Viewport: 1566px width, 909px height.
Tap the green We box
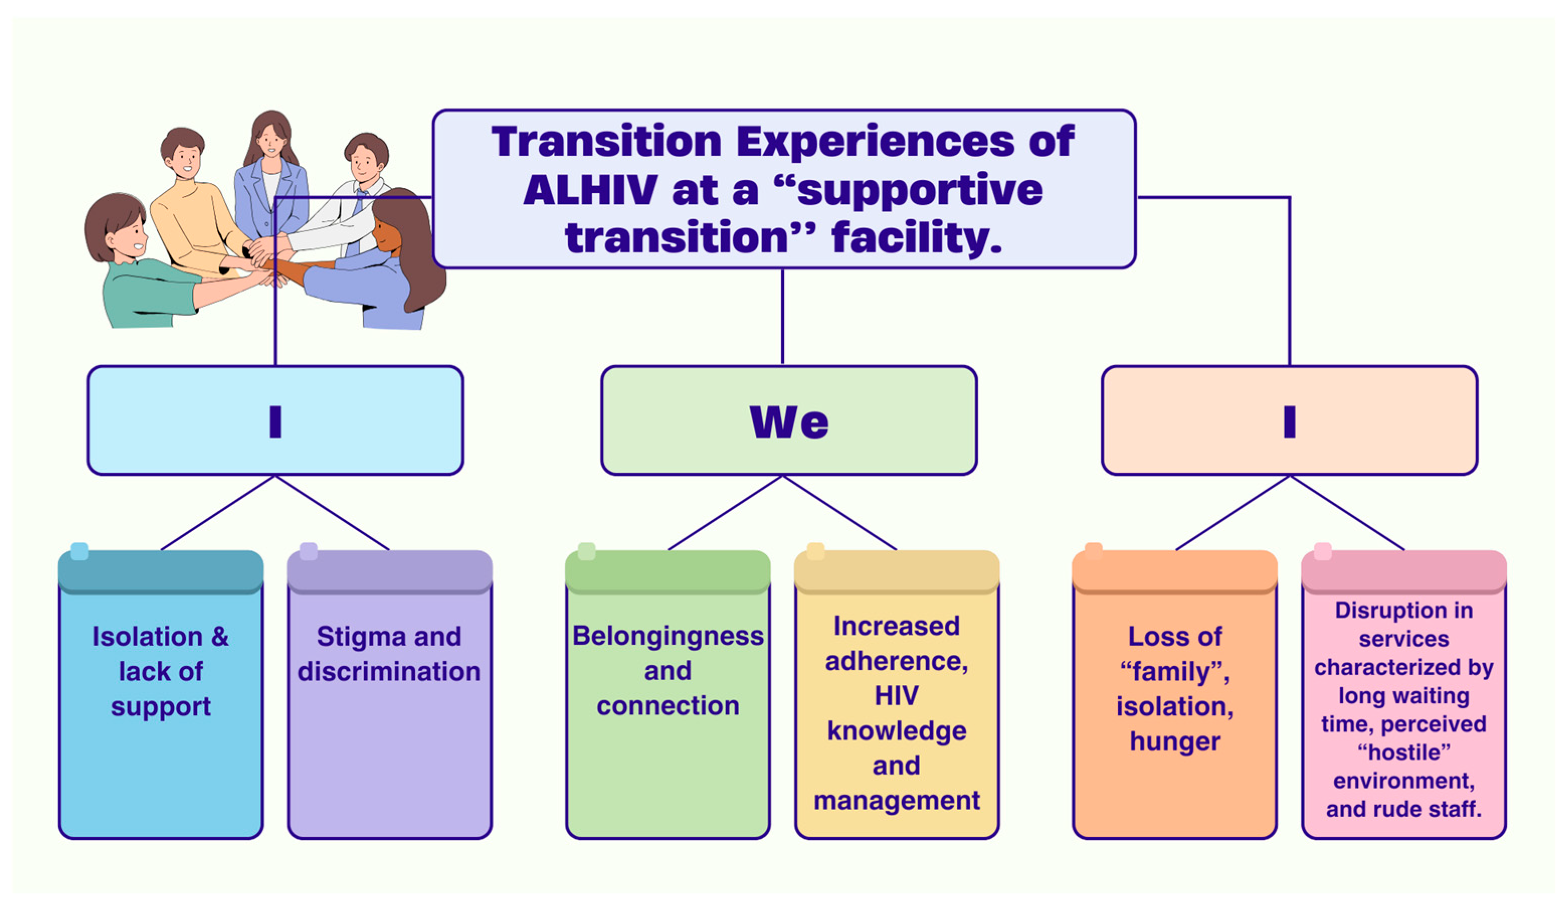(x=789, y=421)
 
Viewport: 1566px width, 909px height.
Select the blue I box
(x=275, y=421)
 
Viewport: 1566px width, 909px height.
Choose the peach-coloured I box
(x=1290, y=421)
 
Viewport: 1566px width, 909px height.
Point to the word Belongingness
(x=668, y=637)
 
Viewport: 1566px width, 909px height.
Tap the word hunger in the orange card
(x=1175, y=742)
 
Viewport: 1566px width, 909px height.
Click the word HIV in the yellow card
(x=896, y=695)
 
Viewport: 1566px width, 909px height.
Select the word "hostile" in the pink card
(x=1404, y=752)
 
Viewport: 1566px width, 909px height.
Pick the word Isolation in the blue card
(x=148, y=637)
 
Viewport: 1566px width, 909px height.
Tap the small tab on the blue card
(x=79, y=551)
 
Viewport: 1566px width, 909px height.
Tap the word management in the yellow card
(x=897, y=801)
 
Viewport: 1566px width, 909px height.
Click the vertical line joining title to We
(x=782, y=317)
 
